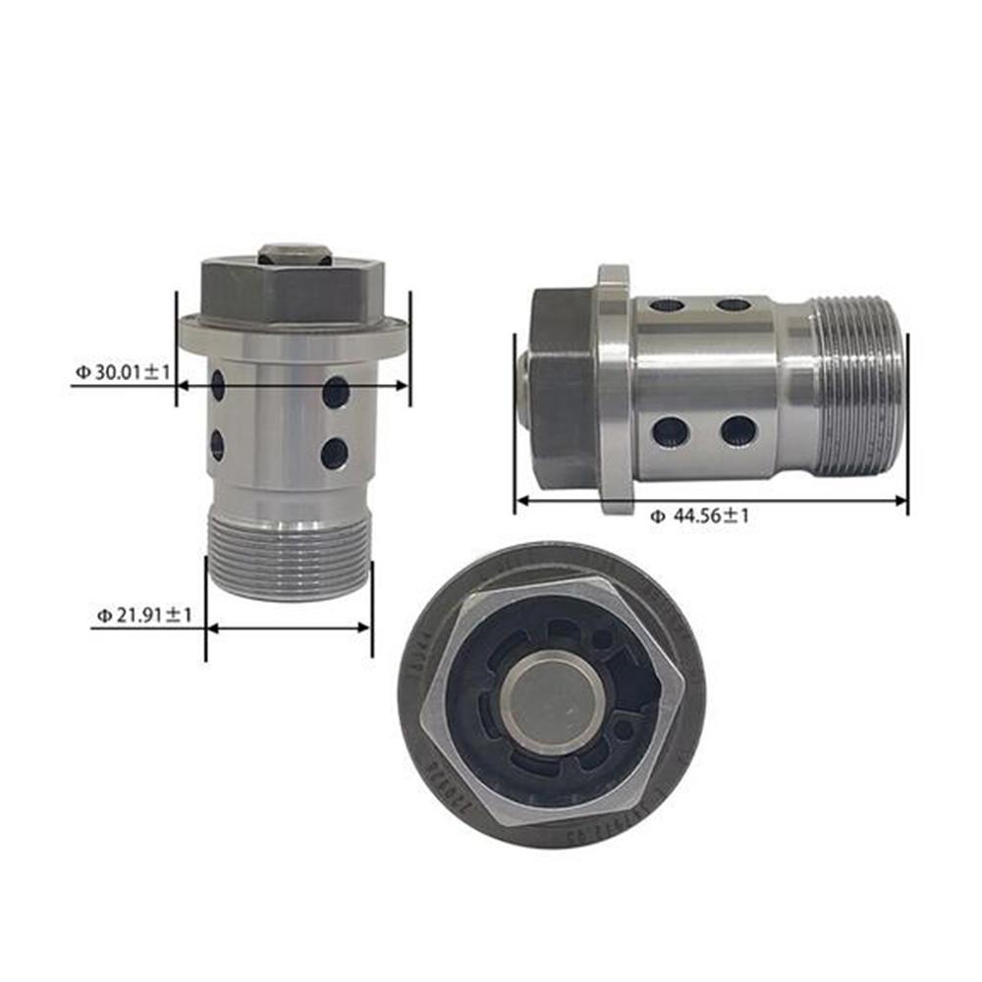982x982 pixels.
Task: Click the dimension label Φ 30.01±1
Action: (x=123, y=372)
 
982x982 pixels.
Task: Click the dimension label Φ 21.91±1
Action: (x=143, y=616)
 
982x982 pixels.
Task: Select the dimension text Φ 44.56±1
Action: (x=698, y=516)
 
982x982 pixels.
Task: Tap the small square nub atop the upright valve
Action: (x=294, y=252)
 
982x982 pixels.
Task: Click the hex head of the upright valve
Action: (x=293, y=290)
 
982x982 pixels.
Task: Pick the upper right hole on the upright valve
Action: (x=336, y=392)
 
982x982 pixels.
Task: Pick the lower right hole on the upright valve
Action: (x=335, y=453)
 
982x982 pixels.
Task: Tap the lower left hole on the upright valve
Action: (x=217, y=446)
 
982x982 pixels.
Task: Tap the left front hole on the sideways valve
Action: (x=672, y=431)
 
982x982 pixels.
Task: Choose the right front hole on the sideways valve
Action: (x=738, y=430)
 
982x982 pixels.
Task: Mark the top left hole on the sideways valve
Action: (x=668, y=304)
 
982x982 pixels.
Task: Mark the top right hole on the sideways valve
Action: (x=734, y=304)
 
